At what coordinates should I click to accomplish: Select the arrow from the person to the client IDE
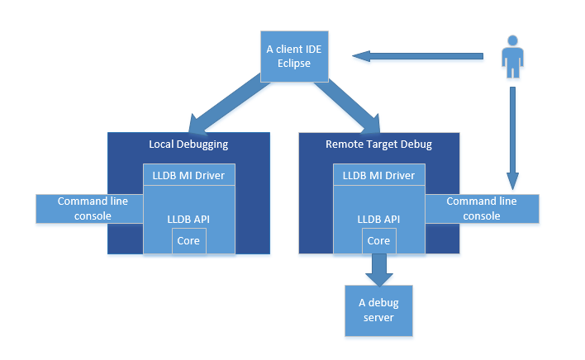point(417,56)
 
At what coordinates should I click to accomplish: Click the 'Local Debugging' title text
point(188,144)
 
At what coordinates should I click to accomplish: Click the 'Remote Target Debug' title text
point(378,144)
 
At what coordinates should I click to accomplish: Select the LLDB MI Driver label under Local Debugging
point(189,174)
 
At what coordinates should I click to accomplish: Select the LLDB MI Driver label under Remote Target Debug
point(378,174)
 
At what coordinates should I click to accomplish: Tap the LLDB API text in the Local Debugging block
point(189,219)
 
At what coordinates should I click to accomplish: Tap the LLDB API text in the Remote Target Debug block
point(378,219)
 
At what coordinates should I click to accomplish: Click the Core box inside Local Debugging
point(189,241)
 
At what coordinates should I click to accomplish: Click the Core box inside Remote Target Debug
point(378,241)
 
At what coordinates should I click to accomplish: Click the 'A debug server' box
point(378,310)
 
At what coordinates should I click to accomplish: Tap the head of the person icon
point(513,40)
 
